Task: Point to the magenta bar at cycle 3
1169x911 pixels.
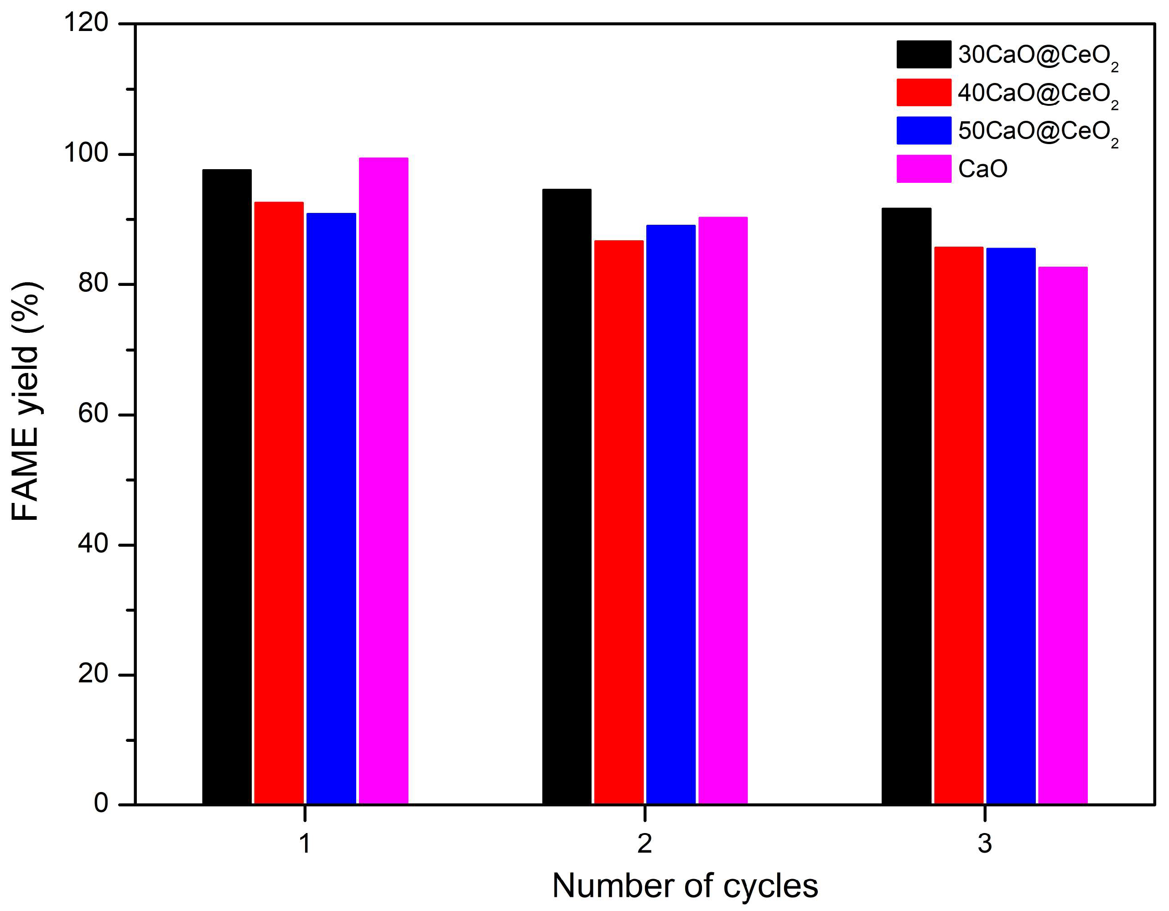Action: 1062,535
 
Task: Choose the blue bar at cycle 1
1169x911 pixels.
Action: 331,508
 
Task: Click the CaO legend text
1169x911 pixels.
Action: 983,169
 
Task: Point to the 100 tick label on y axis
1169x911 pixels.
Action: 86,154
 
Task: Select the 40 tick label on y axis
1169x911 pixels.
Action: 93,544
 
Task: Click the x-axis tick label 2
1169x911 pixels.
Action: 644,844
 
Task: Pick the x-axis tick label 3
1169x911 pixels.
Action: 985,844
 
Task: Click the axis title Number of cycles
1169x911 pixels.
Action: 685,886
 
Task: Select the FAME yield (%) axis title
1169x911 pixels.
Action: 26,401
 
